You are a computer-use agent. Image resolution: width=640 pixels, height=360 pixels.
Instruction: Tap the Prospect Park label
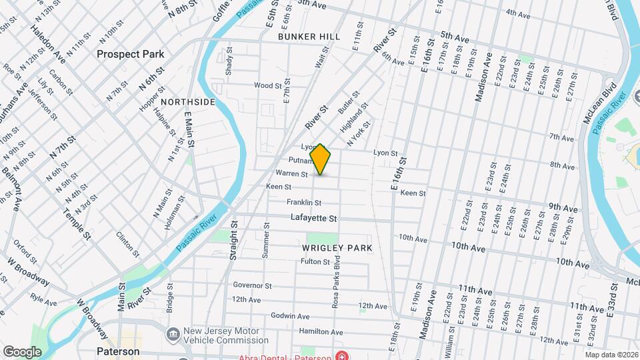[130, 54]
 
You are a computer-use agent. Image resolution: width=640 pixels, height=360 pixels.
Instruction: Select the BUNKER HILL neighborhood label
[309, 36]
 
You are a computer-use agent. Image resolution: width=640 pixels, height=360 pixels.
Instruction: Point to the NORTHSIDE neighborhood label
[188, 102]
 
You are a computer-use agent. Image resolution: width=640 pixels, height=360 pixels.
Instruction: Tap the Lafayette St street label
[314, 218]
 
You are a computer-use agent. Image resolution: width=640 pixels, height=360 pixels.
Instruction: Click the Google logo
[23, 351]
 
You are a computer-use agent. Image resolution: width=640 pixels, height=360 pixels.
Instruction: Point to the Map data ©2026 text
[611, 355]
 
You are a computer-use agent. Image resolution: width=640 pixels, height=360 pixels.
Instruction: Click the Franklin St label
[304, 202]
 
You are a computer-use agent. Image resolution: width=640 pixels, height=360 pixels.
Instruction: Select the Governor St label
[252, 285]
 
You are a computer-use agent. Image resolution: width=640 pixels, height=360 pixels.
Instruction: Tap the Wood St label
[268, 85]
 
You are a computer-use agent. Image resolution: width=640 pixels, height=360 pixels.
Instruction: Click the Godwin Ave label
[291, 315]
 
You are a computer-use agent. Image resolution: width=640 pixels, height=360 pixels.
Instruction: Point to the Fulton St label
[311, 261]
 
